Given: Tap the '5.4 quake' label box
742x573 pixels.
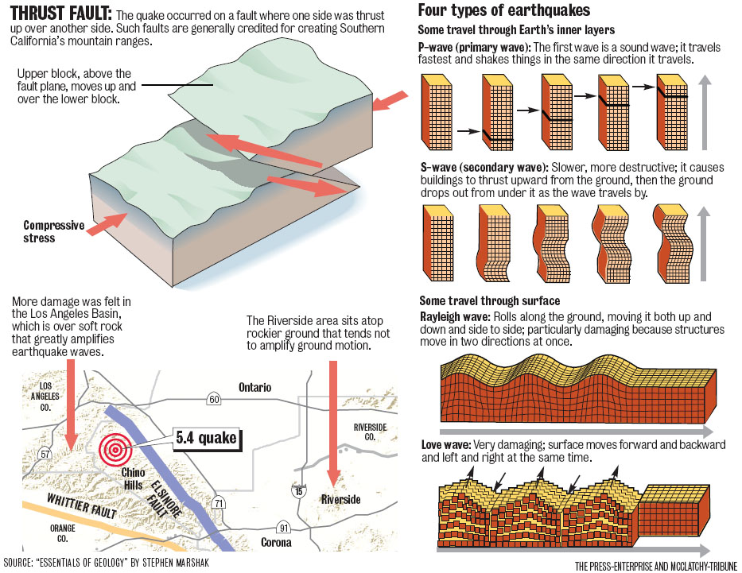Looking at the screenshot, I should click(x=206, y=438).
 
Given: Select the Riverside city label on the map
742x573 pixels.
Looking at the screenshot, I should click(x=340, y=499).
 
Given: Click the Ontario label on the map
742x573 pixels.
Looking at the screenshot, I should click(x=254, y=387).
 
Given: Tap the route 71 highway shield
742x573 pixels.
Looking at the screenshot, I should click(x=218, y=502).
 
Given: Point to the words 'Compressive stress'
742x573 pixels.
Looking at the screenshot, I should click(x=53, y=231).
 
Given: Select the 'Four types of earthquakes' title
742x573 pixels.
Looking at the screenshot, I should click(x=503, y=11).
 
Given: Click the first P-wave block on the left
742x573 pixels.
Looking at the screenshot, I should click(x=435, y=111).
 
